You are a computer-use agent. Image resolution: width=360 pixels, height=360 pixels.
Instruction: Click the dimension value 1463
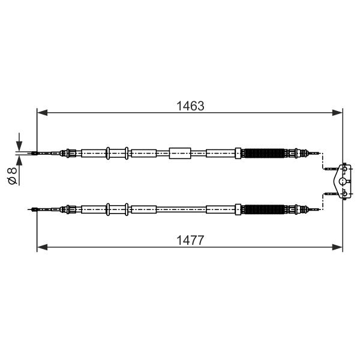coord(190,106)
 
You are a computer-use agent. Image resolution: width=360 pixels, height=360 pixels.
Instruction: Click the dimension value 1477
coord(190,241)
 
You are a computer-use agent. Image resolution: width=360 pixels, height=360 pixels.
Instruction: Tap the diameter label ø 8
coord(12,176)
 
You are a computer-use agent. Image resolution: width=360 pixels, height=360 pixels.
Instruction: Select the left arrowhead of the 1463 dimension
coord(42,113)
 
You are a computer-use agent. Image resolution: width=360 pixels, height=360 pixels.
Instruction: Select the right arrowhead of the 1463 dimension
coord(337,113)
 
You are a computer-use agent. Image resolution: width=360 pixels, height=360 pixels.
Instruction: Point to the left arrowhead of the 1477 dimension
coord(42,247)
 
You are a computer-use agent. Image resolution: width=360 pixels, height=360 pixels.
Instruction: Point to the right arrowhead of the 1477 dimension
coord(337,247)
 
